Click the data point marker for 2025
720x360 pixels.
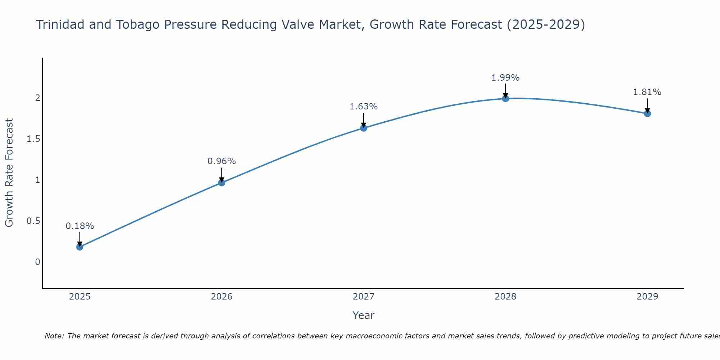[x=80, y=247]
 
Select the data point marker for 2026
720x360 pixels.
[x=222, y=183]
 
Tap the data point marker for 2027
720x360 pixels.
[x=364, y=128]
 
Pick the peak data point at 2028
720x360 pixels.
[x=505, y=98]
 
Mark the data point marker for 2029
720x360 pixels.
[x=647, y=113]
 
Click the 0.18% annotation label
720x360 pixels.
[x=80, y=226]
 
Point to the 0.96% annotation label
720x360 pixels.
[x=222, y=161]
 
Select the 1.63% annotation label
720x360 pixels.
[x=364, y=107]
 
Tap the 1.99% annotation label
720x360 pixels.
[x=505, y=78]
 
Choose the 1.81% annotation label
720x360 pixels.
[x=647, y=92]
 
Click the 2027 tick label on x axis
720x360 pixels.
[x=364, y=297]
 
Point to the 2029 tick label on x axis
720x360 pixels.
[x=647, y=297]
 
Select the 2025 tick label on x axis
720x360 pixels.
[x=80, y=297]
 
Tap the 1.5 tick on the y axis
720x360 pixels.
[x=33, y=139]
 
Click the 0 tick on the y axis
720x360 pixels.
[x=37, y=262]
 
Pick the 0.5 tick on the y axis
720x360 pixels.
[x=33, y=221]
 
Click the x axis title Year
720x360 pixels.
[x=364, y=315]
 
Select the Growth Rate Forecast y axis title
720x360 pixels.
[x=9, y=173]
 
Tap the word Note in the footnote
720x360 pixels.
[x=54, y=336]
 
